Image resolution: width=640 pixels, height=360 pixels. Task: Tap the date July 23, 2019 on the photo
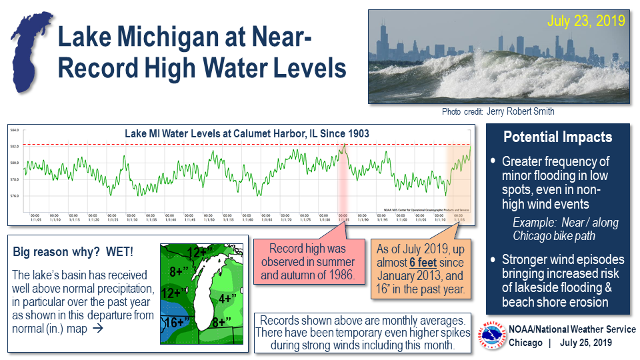tap(586, 21)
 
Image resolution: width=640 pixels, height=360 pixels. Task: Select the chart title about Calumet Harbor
tap(247, 133)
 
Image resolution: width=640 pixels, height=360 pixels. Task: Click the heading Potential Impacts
tap(557, 137)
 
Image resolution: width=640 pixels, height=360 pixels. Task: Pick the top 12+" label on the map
tap(200, 253)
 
